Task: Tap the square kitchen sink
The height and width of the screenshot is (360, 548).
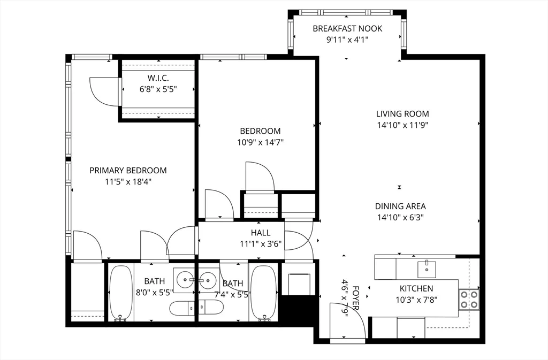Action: tap(427, 266)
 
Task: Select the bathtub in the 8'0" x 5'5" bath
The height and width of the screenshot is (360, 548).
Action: tap(121, 293)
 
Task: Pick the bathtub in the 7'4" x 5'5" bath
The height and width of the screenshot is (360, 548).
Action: tap(263, 293)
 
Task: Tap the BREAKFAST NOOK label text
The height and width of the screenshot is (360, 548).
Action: tap(347, 28)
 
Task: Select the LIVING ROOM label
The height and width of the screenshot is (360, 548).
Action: tap(402, 113)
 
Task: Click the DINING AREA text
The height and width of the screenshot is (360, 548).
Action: tap(400, 206)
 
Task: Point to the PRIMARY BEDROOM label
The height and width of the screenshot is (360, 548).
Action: tap(128, 170)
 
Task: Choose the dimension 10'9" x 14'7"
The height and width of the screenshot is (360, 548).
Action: tap(260, 142)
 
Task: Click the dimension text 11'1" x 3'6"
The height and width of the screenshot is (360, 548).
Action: tap(261, 244)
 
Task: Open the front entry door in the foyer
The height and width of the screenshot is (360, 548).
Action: tap(348, 321)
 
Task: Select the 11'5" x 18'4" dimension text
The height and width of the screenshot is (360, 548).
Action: tap(128, 181)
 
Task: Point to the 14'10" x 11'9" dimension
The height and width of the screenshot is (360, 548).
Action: tap(402, 125)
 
